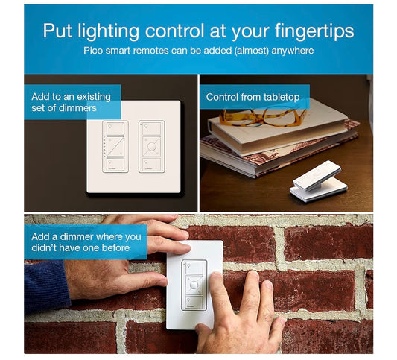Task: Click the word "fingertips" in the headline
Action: click(x=314, y=31)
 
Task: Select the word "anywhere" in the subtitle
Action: click(x=293, y=51)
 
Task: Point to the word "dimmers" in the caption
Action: click(x=77, y=108)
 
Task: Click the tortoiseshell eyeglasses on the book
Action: click(x=262, y=117)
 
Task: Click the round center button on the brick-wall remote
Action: click(x=194, y=285)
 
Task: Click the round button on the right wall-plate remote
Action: click(x=151, y=147)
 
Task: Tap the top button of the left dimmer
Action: click(x=115, y=129)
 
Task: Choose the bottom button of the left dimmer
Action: click(x=115, y=165)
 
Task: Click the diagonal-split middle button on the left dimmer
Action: click(x=115, y=147)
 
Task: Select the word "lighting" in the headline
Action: click(x=108, y=31)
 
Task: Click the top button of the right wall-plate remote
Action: click(x=151, y=129)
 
